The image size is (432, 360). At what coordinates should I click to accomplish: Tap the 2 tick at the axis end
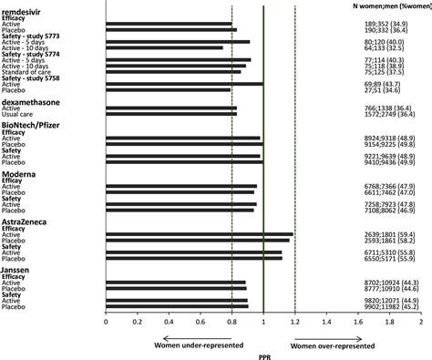point(420,322)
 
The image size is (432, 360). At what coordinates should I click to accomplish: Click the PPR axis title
point(263,354)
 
